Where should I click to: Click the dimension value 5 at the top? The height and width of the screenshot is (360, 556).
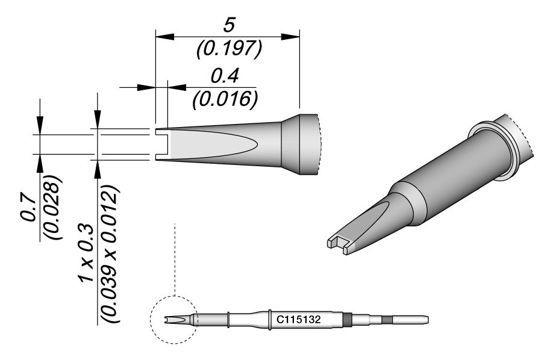coord(228,25)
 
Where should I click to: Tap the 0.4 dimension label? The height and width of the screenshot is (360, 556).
coord(224,76)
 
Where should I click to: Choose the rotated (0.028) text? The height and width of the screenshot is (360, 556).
coord(52,208)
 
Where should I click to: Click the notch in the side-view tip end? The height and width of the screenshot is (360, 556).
coord(159,144)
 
